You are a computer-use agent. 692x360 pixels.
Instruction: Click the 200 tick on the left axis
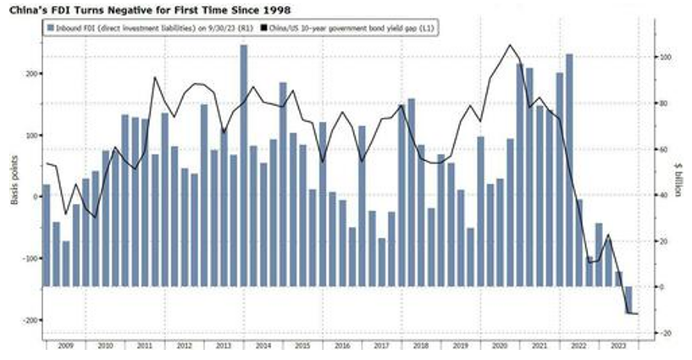point(31,74)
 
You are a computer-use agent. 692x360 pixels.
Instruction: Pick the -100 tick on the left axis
point(30,258)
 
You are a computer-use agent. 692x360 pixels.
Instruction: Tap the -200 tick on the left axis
point(30,320)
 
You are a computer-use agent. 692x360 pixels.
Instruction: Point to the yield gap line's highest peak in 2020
point(510,46)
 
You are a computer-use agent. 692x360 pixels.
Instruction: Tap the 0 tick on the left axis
point(35,197)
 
